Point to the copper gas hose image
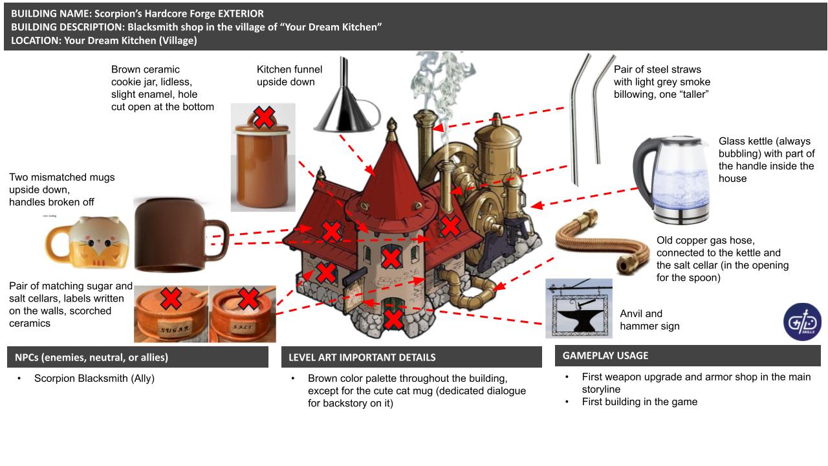point(596,239)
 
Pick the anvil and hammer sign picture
point(578,309)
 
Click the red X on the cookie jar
point(263,118)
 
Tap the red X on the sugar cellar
point(171,299)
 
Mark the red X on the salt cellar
point(248,298)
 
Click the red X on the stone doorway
point(393,318)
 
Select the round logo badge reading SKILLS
point(802,322)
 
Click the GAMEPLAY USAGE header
point(605,355)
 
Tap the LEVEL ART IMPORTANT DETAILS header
point(362,357)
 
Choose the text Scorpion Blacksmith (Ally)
point(94,379)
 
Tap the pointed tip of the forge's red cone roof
point(391,122)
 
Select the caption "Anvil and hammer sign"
point(649,320)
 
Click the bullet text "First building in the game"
point(639,402)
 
